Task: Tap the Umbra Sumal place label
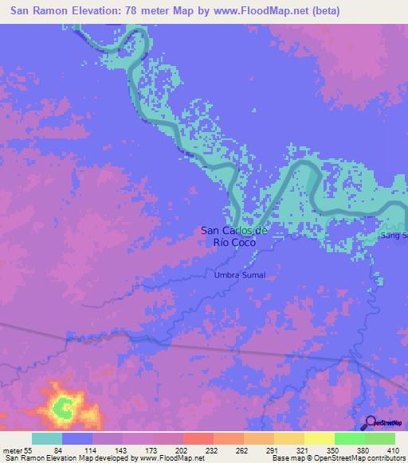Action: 239,275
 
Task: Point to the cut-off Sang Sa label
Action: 394,236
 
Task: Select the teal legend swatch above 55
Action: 46,438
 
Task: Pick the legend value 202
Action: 168,449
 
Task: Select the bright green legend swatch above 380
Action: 349,438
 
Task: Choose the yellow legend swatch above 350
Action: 319,438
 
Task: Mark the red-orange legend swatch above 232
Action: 198,438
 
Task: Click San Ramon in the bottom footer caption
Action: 23,458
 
